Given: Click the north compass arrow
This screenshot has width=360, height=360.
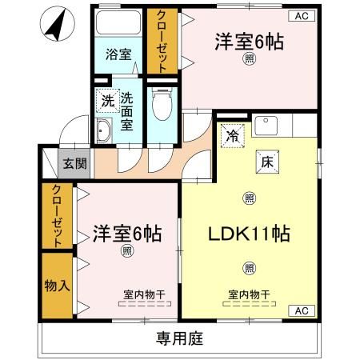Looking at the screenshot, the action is pos(57,26).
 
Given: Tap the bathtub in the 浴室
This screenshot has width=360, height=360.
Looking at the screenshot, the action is pos(118,22).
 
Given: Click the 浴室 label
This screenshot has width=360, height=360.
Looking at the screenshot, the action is pos(118,54).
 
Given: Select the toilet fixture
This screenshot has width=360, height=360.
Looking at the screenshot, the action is pos(162,104).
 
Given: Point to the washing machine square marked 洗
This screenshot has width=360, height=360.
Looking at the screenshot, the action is pos(108,101).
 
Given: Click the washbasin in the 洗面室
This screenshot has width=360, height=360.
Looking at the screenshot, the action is pos(103,130).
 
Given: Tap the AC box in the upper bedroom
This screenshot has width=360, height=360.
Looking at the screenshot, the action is pos(302,16).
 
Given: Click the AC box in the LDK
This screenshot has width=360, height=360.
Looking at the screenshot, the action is pos(302,310).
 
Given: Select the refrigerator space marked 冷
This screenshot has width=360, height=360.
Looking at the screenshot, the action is pos(233,136).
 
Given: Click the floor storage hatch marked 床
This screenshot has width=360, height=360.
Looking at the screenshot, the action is pos(267,162).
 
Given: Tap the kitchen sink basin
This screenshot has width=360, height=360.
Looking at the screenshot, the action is pos(266,126).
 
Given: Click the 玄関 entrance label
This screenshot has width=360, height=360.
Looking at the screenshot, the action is pos(75,163).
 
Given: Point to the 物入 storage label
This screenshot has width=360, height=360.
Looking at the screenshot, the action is pos(58,286).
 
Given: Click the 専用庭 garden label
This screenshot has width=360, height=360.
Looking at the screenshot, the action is pos(180,338).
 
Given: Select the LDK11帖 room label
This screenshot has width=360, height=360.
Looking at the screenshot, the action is pos(249,234).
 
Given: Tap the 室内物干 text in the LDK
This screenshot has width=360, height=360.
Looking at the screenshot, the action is pos(249,294).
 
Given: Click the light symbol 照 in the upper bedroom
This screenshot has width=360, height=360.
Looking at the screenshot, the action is pos(250,58).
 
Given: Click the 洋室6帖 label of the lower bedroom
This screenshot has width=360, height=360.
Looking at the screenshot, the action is pos(127,234).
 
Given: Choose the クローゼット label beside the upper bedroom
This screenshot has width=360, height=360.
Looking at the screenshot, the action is pos(162,41).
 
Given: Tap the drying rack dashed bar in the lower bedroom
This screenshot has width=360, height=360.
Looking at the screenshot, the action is pos(145,303).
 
